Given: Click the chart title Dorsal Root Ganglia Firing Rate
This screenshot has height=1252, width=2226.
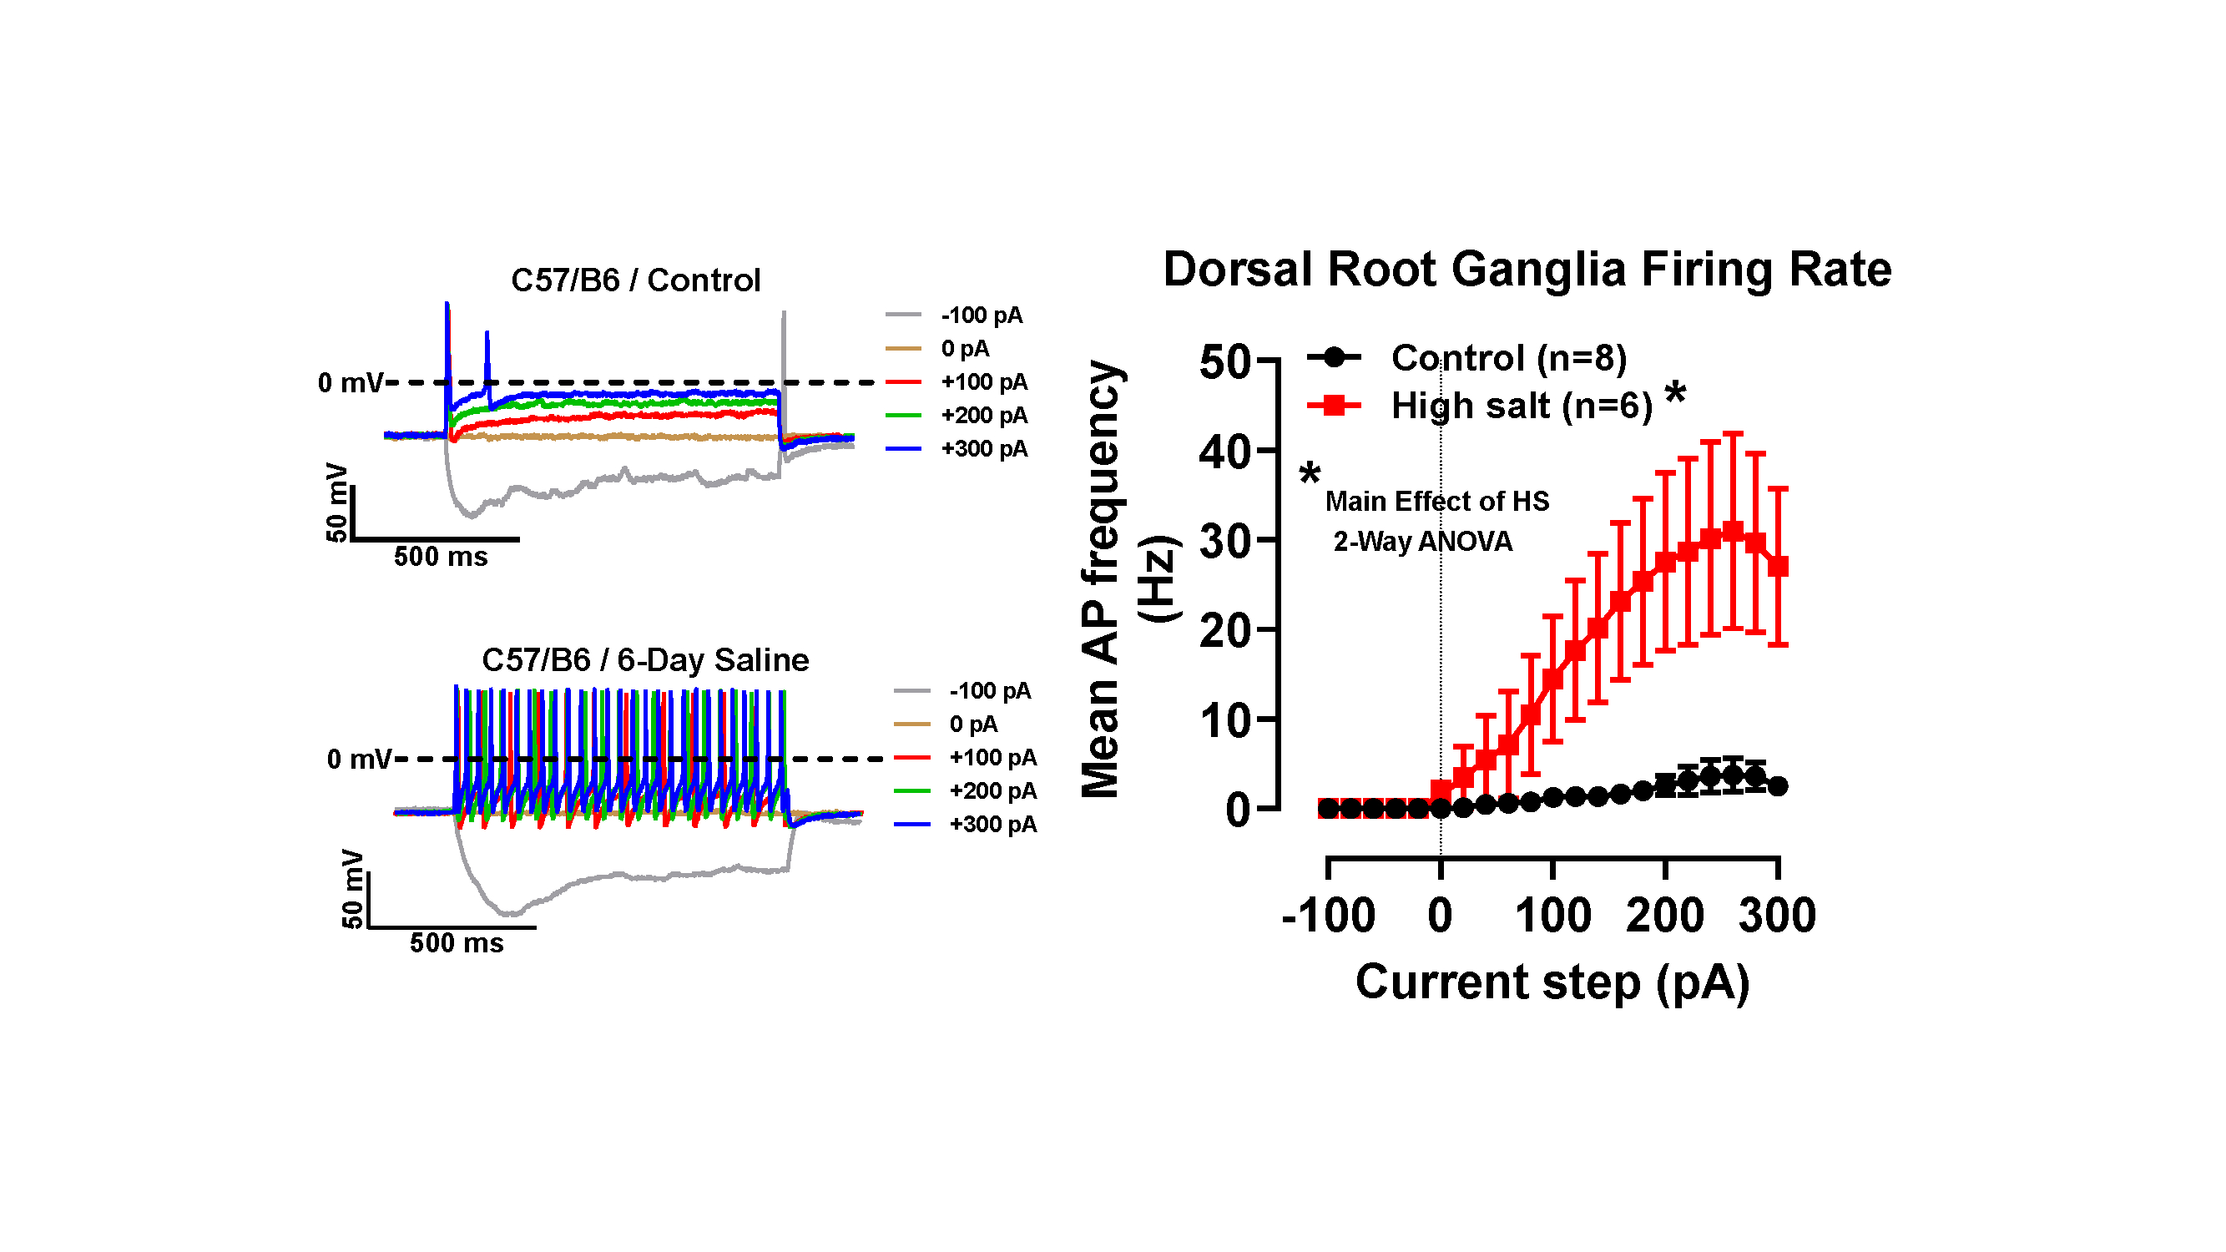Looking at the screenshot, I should point(1526,270).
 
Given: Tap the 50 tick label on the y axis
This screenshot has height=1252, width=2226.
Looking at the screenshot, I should point(1224,362).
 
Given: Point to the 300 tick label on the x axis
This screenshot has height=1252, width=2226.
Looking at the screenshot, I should point(1777,916).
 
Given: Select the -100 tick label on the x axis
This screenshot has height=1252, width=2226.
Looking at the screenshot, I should point(1328,916).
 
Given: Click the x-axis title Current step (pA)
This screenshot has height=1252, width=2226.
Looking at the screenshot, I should point(1552,982).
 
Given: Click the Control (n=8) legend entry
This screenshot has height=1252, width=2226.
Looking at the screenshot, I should point(1508,358).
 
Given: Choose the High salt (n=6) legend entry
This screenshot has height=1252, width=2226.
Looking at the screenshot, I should point(1521,406).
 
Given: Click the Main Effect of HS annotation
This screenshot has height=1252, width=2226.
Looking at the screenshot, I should point(1437,501).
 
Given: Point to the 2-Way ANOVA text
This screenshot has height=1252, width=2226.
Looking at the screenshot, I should point(1422,542).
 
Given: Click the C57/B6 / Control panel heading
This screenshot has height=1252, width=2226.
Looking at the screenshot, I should point(635,280).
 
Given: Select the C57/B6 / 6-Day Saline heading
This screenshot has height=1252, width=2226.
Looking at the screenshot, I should point(644,660).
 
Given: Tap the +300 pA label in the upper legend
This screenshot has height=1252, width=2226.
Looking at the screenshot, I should point(984,449).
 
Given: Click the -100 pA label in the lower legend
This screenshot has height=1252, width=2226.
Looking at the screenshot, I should point(990,691).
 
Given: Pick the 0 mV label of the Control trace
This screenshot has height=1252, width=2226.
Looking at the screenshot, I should point(350,383).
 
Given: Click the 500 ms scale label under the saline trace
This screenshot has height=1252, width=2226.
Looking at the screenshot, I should point(457,942).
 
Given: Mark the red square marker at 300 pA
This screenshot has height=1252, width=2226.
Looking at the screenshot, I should point(1778,567).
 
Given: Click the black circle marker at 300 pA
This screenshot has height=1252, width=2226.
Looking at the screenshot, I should point(1778,786).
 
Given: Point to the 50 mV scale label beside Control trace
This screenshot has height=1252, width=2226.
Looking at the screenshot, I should point(336,502).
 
